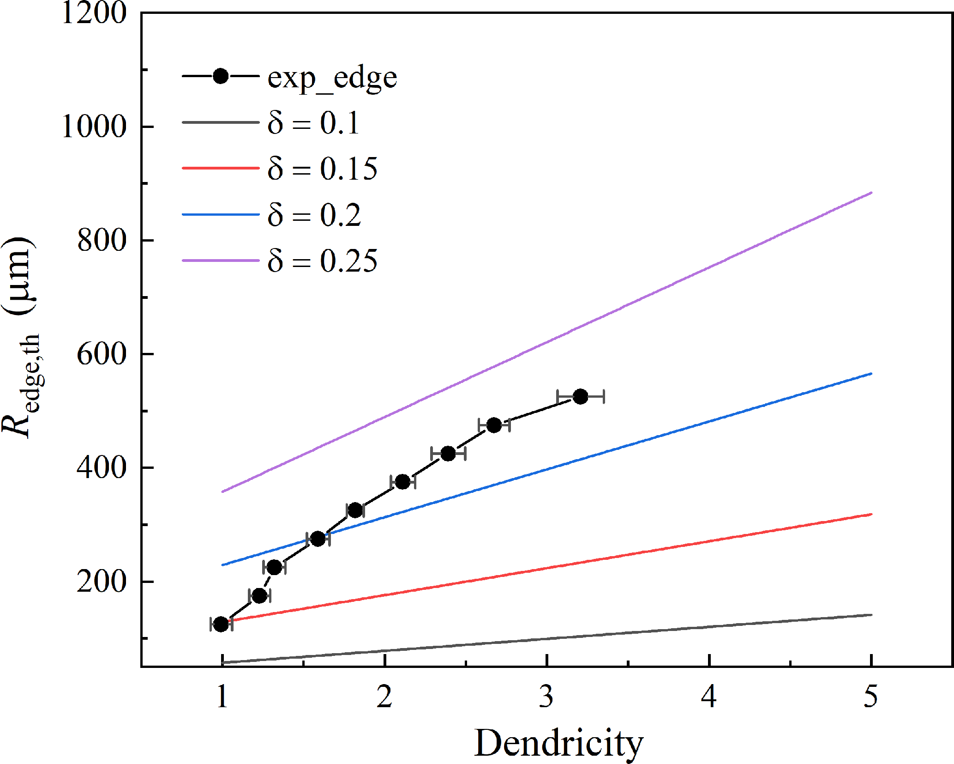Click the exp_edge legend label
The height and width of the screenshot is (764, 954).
click(332, 78)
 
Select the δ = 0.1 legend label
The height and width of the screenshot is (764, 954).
click(313, 123)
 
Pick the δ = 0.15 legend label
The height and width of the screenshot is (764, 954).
click(322, 169)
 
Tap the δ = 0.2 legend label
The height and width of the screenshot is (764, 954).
click(314, 215)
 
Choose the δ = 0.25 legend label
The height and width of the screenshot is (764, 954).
click(322, 261)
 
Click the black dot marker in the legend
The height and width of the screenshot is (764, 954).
click(221, 76)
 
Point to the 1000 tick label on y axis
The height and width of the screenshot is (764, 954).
click(94, 126)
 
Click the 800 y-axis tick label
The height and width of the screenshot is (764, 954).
click(102, 240)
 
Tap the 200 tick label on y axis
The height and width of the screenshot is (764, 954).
click(102, 581)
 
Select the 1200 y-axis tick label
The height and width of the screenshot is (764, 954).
click(94, 12)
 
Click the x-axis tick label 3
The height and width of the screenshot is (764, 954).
click(546, 697)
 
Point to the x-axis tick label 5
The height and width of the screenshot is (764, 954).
click(871, 697)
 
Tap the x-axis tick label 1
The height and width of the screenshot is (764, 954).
click(222, 697)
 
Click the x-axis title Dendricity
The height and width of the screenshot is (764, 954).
click(558, 743)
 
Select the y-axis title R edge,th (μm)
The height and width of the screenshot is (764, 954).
click(21, 337)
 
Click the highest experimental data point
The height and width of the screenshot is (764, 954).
click(580, 396)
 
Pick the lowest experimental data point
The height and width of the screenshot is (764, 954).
click(222, 624)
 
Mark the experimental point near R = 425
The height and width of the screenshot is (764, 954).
click(448, 454)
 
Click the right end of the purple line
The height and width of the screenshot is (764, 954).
click(871, 193)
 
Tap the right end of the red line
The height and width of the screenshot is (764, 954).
click(871, 514)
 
